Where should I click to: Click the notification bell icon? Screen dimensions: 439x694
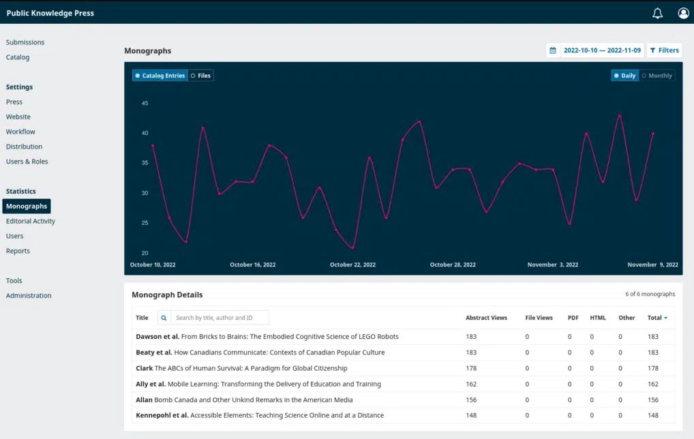(657, 13)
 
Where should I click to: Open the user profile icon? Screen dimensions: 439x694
(683, 13)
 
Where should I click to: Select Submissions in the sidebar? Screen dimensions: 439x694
(25, 42)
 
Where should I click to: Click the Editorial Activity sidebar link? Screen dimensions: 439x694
(31, 221)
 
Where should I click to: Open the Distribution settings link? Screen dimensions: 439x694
(24, 147)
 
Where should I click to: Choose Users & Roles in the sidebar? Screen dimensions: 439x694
(27, 162)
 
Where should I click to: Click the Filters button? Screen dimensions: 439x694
(664, 50)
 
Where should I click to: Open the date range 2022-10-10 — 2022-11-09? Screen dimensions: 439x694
(602, 50)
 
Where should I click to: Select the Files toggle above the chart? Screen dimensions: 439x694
(201, 76)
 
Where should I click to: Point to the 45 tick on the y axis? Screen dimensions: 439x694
(145, 103)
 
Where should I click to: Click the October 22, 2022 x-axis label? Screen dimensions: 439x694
(352, 264)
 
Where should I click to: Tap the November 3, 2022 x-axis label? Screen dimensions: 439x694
(552, 264)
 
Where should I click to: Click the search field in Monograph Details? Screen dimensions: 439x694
(220, 318)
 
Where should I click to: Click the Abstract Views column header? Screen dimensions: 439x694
(486, 318)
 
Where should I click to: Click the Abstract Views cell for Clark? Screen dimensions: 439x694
(471, 368)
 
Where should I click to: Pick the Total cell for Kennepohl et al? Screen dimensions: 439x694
(653, 415)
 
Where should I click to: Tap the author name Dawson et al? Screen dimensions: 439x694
(157, 337)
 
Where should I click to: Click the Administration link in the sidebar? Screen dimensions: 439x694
(29, 296)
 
